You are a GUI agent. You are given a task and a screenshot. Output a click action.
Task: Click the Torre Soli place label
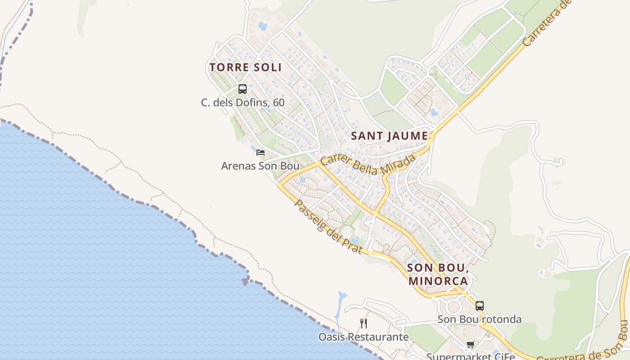(x=245, y=67)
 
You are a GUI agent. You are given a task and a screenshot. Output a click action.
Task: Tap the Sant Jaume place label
(x=389, y=136)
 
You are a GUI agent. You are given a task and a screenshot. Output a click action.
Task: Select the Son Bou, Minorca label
(x=438, y=274)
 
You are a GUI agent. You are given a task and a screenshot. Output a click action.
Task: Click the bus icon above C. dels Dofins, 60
(x=243, y=89)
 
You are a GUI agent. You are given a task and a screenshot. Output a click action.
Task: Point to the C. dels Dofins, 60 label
(x=243, y=103)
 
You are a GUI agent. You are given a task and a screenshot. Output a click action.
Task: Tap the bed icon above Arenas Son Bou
(x=260, y=153)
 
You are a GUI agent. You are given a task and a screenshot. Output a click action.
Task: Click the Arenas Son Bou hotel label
(x=260, y=166)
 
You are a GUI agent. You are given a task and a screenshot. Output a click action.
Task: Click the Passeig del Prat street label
(x=328, y=226)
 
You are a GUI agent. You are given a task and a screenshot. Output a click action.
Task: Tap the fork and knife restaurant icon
(x=364, y=323)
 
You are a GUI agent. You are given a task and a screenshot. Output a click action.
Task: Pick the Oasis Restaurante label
(x=364, y=337)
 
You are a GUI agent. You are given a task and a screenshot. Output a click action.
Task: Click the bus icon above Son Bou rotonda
(x=480, y=306)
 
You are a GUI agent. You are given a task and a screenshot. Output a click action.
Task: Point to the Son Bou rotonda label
(x=480, y=319)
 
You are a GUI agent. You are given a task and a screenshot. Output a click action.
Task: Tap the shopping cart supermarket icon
(x=470, y=345)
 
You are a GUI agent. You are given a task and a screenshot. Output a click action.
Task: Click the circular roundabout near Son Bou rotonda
(x=454, y=308)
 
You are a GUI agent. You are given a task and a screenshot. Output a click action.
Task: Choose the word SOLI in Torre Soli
(x=267, y=67)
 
